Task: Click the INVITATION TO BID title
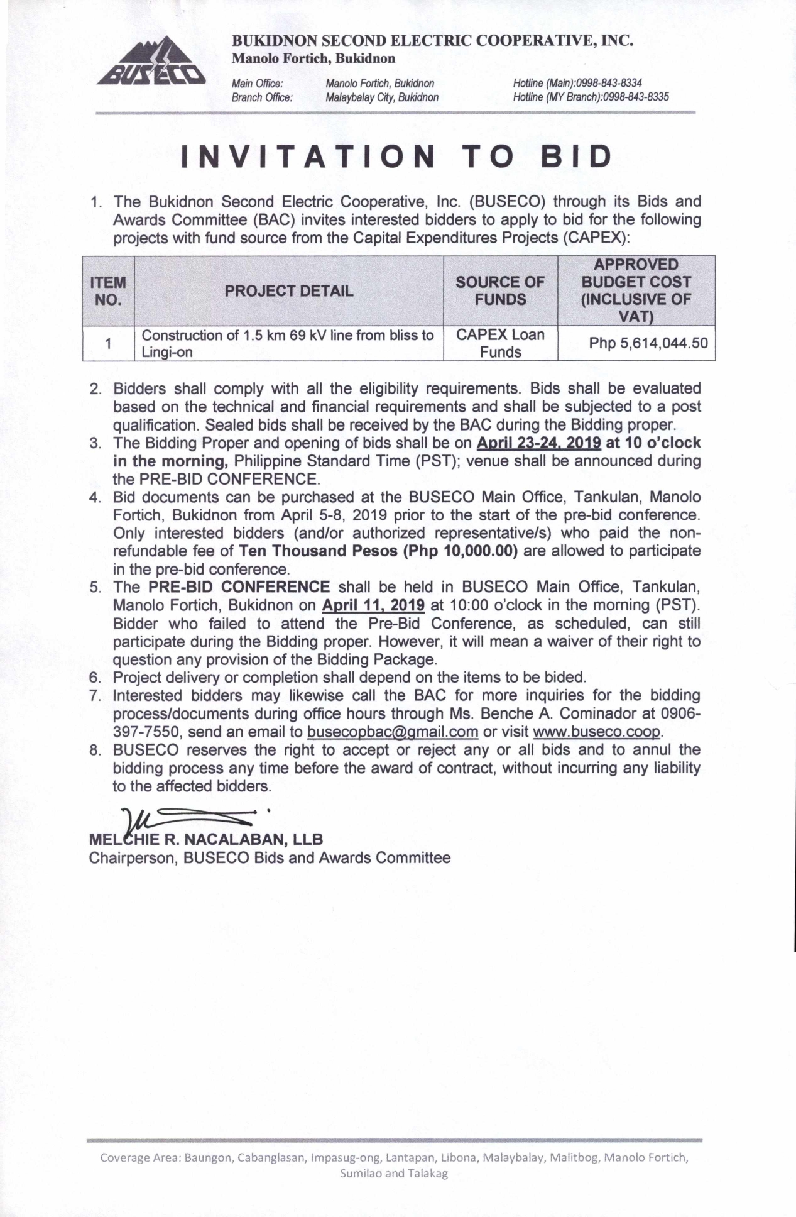[x=397, y=157]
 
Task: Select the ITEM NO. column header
[x=108, y=291]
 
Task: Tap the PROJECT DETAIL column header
[x=289, y=291]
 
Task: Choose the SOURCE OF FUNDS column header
[x=500, y=291]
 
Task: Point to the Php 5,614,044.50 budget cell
[x=648, y=343]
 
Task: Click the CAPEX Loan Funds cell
[x=500, y=343]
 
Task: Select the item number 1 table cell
[x=108, y=343]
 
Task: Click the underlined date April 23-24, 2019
[x=538, y=443]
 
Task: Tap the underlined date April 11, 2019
[x=373, y=605]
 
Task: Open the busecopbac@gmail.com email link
[x=393, y=732]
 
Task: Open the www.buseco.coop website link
[x=597, y=732]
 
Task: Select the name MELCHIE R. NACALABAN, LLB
[x=206, y=840]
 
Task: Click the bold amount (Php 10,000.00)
[x=461, y=551]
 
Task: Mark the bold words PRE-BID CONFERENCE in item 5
[x=239, y=587]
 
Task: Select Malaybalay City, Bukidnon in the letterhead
[x=382, y=97]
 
